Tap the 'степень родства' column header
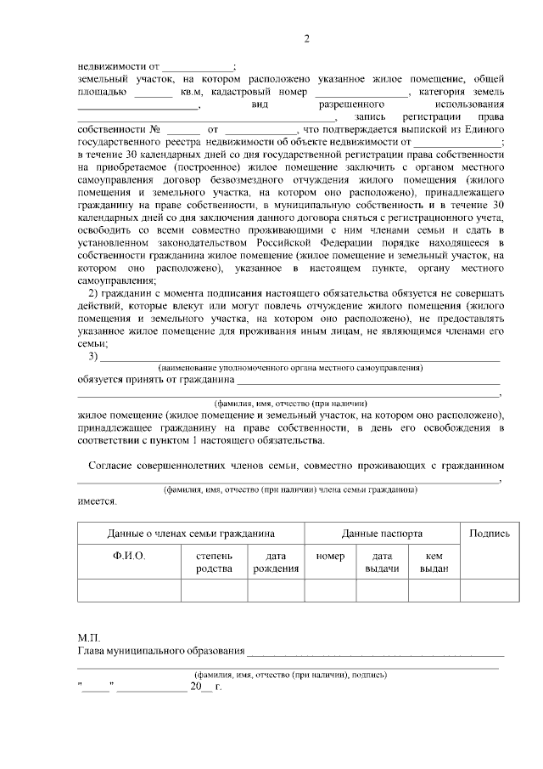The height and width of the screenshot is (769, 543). [x=214, y=562]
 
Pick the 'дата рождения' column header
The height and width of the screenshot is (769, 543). [x=276, y=562]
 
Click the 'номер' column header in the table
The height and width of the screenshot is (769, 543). [x=330, y=556]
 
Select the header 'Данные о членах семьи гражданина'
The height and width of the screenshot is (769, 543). [x=191, y=534]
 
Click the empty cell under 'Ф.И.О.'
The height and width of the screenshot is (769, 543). [x=129, y=590]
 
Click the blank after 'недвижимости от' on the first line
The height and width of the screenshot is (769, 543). [x=198, y=66]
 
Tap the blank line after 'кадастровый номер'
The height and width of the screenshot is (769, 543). [x=361, y=92]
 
